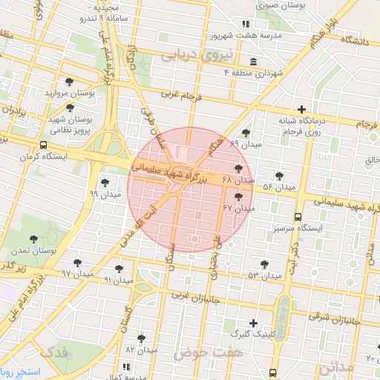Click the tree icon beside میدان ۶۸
[238, 168]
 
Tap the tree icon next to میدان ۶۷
[238, 197]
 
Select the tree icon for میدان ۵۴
[279, 176]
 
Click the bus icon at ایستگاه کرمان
[44, 145]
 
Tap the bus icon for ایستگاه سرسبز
[298, 217]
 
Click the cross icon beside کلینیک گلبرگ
[254, 323]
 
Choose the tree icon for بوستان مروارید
[69, 82]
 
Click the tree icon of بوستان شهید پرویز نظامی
[69, 108]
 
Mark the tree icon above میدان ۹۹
[103, 182]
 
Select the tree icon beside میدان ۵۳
[264, 263]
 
